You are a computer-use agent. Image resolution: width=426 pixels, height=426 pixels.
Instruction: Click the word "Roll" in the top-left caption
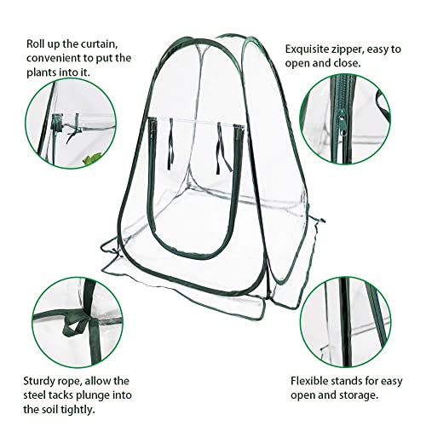coord(34,44)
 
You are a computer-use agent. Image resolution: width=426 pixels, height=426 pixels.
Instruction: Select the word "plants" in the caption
coord(42,72)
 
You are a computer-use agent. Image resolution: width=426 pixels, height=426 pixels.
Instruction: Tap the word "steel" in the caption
coord(34,395)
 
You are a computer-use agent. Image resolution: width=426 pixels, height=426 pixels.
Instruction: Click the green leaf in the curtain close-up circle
coord(93,158)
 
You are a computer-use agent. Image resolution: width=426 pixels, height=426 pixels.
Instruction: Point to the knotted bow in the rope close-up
coord(77,325)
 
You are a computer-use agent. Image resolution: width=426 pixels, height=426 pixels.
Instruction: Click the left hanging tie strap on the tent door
coord(171,144)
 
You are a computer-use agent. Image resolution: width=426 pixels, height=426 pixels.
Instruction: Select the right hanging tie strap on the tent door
coord(223,148)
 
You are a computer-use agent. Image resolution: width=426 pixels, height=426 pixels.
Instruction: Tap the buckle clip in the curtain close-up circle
coord(57,123)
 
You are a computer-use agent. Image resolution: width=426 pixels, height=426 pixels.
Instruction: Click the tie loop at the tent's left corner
coord(113,250)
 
